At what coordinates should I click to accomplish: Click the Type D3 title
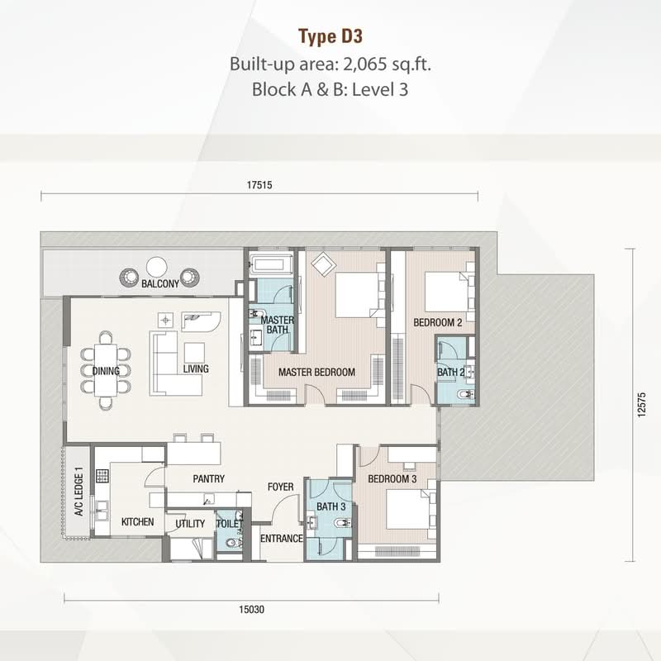pos(330,36)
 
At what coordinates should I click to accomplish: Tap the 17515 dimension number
pos(259,185)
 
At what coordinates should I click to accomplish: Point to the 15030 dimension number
pos(252,610)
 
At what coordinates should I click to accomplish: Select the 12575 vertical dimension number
pos(641,405)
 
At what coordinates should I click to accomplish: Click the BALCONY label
pos(160,283)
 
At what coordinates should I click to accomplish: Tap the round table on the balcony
pos(157,267)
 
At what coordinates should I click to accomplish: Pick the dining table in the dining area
pos(106,370)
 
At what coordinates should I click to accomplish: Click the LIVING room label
pos(196,369)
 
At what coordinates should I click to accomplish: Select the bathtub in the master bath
pos(271,265)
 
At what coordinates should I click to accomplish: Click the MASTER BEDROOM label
pos(316,373)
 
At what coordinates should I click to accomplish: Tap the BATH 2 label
pos(450,373)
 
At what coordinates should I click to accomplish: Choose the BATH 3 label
pos(331,506)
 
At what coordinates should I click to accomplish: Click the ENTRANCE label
pos(282,539)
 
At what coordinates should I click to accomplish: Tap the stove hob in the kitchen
pos(102,476)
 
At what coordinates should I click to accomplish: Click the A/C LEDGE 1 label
pos(78,492)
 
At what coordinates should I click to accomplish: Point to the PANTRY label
pos(209,479)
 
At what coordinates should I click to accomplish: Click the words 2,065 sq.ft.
pos(388,64)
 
